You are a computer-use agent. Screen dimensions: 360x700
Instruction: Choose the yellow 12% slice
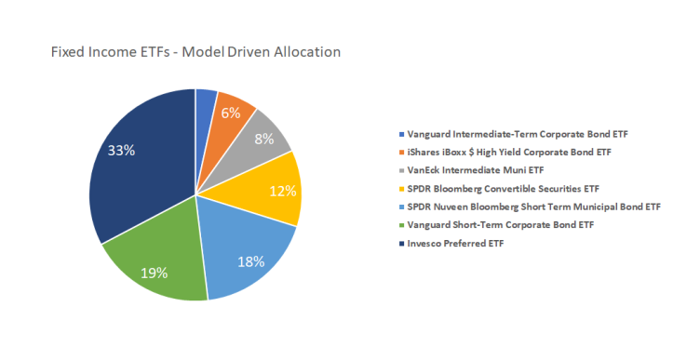(x=275, y=190)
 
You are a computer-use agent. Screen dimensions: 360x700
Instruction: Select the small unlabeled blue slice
(x=205, y=100)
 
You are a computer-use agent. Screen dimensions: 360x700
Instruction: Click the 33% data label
(x=121, y=151)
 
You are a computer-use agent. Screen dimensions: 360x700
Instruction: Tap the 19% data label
(x=155, y=273)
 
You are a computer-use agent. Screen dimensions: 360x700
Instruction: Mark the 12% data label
(x=282, y=191)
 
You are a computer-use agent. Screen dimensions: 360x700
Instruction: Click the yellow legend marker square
(x=400, y=188)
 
